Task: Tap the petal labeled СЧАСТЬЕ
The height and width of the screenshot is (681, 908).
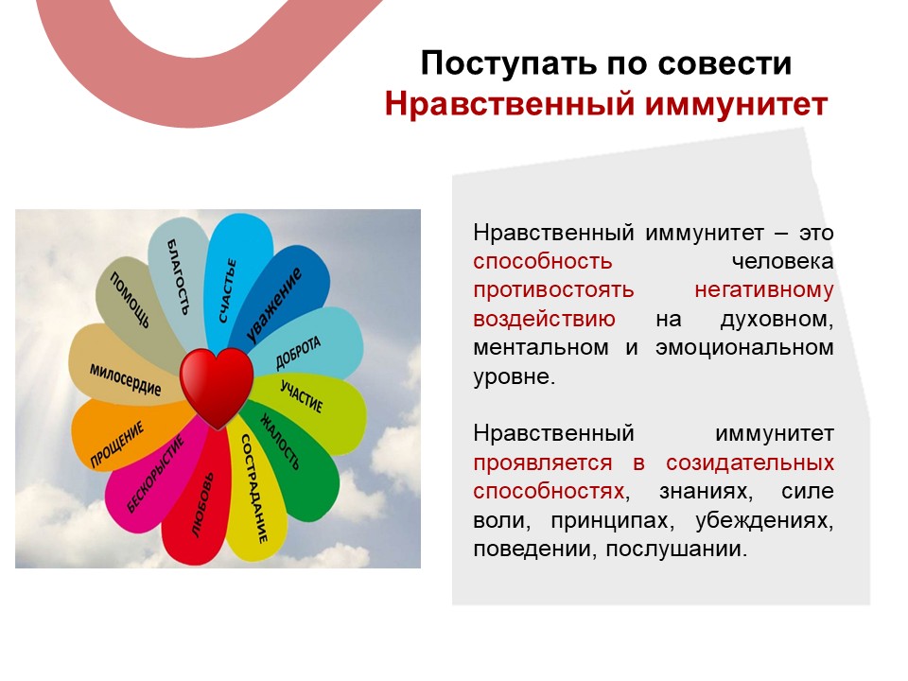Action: (x=236, y=278)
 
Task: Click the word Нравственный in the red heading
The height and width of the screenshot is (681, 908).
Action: (x=510, y=105)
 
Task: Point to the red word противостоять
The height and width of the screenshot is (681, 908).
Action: (x=553, y=289)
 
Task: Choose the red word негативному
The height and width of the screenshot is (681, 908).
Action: (x=764, y=289)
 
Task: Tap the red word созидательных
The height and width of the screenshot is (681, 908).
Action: (x=750, y=463)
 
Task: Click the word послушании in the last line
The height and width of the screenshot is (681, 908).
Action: (x=676, y=549)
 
